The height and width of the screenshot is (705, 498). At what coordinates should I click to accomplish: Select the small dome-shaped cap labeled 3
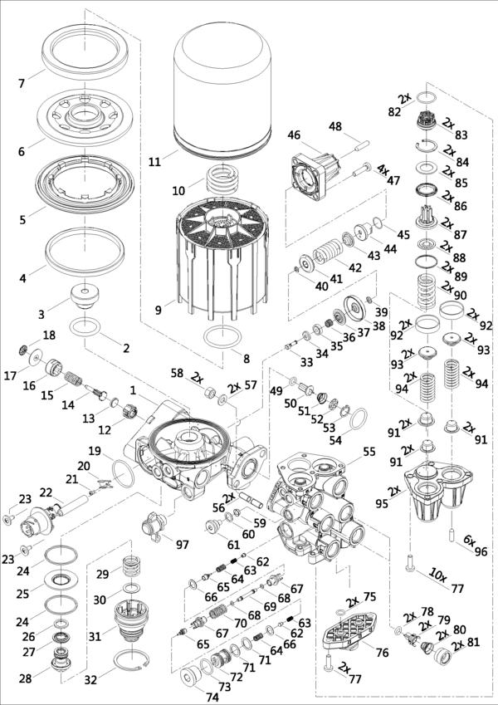click(85, 296)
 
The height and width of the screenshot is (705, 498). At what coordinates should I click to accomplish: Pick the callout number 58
click(175, 375)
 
